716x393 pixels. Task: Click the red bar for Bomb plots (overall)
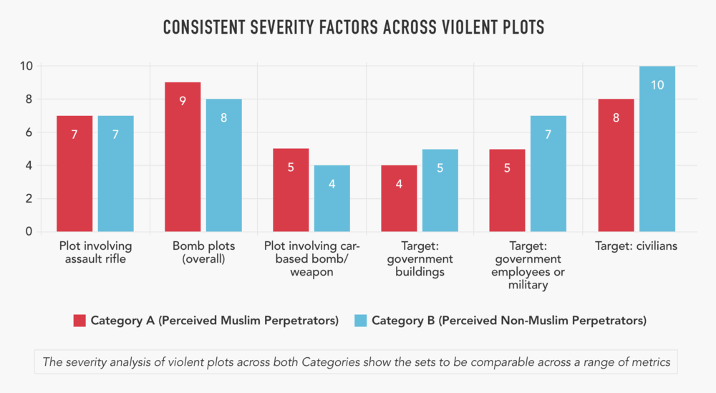[x=183, y=157]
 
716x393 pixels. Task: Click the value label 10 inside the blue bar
[x=657, y=85]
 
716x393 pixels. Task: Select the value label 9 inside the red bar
[x=183, y=101]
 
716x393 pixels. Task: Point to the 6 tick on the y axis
[x=29, y=132]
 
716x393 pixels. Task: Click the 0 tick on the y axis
[x=29, y=232]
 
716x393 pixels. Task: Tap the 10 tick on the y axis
[x=26, y=66]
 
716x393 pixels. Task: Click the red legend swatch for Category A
[x=79, y=320]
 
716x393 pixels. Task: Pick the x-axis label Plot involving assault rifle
[x=95, y=252]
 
